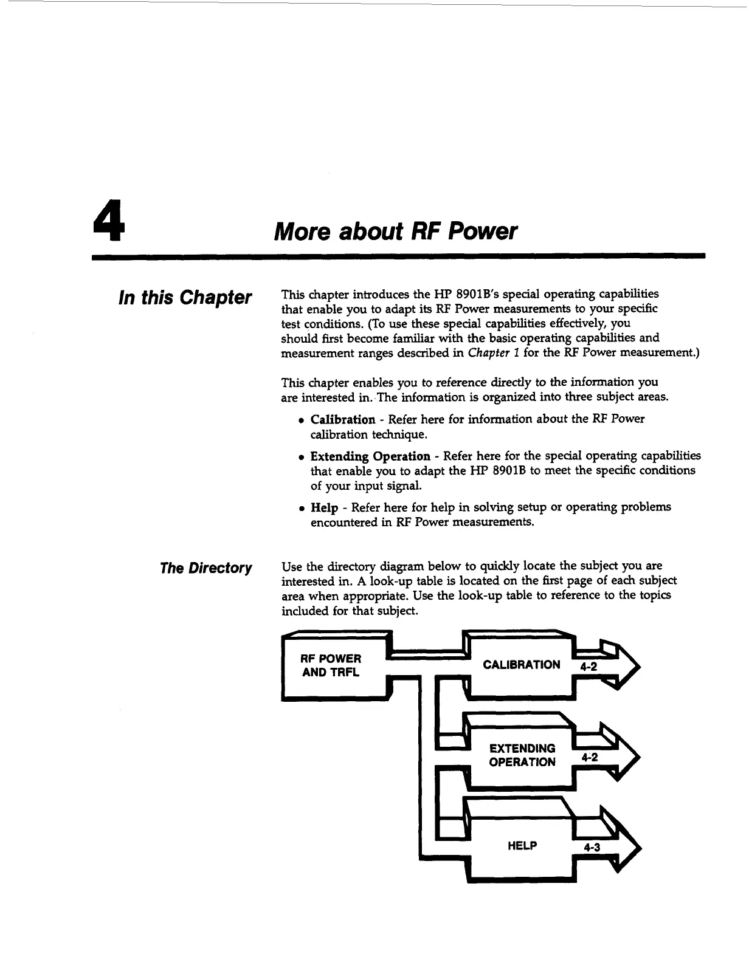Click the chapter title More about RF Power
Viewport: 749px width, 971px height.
tap(396, 231)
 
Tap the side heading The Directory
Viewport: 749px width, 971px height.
tap(205, 568)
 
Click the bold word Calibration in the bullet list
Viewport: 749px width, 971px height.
tap(343, 419)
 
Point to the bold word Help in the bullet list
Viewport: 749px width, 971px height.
tap(324, 507)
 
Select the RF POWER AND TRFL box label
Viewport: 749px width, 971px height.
tap(331, 665)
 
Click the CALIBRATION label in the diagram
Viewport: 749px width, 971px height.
tap(521, 665)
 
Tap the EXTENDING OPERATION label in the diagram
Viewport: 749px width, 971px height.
tap(522, 755)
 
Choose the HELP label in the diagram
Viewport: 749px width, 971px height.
tap(522, 845)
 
